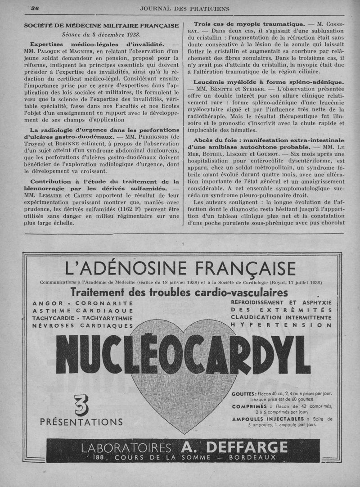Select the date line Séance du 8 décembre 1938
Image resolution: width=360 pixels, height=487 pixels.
(x=101, y=34)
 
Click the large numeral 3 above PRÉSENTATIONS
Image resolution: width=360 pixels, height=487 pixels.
(x=81, y=404)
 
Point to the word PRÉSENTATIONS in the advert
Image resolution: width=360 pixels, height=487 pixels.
(x=81, y=422)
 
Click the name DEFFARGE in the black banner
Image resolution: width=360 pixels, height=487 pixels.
(x=234, y=447)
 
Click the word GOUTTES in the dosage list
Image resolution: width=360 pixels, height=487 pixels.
(x=244, y=393)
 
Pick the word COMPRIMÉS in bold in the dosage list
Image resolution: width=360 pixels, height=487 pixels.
(x=252, y=406)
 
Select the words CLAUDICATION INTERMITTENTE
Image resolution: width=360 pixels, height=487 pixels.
(x=281, y=317)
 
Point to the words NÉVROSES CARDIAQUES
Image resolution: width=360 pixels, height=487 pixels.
(x=83, y=325)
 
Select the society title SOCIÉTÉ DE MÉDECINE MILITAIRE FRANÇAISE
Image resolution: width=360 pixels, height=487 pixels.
(x=101, y=26)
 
